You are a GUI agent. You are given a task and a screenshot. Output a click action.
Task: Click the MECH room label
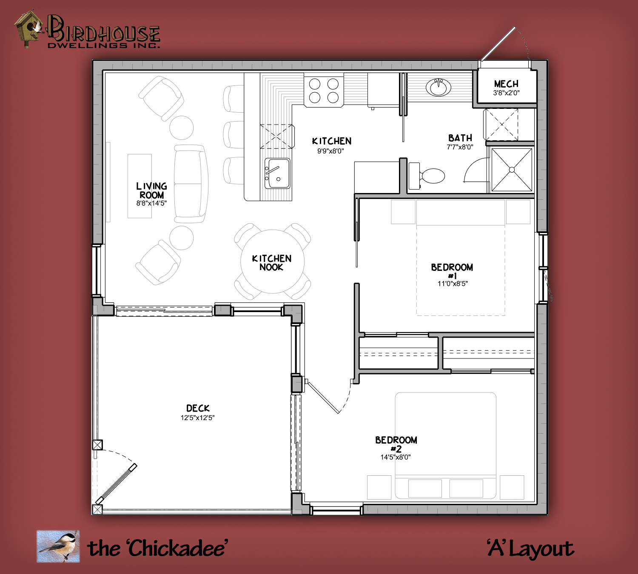(506, 84)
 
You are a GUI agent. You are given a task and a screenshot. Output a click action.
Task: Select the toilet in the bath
(427, 176)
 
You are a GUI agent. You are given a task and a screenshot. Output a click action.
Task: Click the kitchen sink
(278, 173)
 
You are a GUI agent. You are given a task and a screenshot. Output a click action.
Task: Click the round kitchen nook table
(272, 261)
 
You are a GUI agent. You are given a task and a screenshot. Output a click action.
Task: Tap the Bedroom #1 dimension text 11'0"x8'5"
(452, 284)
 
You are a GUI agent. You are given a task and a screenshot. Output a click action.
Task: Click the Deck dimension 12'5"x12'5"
(197, 418)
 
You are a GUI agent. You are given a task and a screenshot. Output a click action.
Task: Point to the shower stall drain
(512, 170)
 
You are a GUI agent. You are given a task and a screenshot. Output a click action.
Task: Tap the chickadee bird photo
(58, 546)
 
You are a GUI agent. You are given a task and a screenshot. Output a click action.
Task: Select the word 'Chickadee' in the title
(177, 548)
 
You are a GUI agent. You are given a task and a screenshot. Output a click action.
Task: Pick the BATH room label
(460, 138)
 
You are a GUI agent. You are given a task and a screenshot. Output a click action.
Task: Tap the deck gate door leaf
(117, 484)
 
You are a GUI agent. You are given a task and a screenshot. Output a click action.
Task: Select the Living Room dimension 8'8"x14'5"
(151, 203)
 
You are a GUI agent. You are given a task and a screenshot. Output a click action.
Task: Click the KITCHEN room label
(331, 141)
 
